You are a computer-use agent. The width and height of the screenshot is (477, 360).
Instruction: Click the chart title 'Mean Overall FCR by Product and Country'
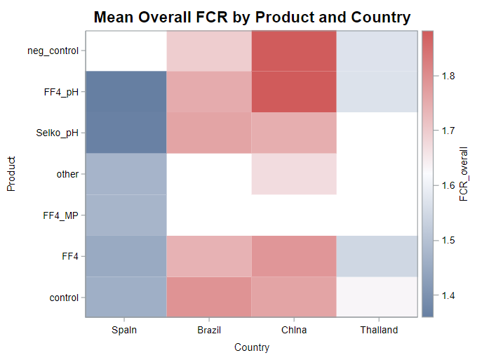tap(252, 17)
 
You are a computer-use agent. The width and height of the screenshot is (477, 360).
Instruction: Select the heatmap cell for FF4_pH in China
tap(294, 91)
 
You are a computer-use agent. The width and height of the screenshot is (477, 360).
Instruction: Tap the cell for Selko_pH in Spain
tap(126, 133)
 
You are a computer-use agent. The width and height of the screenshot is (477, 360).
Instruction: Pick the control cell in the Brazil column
tap(209, 297)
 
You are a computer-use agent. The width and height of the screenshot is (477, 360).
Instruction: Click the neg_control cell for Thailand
tap(378, 51)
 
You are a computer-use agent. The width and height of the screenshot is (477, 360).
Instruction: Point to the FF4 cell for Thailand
tap(378, 256)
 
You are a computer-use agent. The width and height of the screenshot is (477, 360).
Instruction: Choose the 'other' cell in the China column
tap(294, 174)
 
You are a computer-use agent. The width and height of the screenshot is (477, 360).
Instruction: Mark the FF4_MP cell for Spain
tap(126, 215)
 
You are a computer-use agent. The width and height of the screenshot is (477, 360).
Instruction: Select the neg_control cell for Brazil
tap(209, 51)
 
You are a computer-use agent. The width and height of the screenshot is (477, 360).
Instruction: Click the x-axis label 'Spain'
tap(126, 330)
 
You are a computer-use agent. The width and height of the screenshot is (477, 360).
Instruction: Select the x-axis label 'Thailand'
tap(378, 330)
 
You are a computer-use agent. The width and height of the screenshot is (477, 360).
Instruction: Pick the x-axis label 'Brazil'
tap(209, 330)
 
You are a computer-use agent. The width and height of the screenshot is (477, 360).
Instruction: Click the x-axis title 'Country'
tap(252, 347)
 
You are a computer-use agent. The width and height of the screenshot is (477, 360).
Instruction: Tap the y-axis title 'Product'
tap(11, 174)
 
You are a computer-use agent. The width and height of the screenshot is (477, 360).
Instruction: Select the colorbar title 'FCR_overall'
tap(464, 174)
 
